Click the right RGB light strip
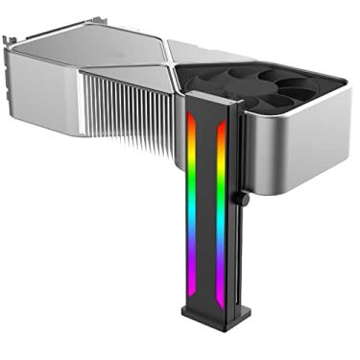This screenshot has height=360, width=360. pos(222,206)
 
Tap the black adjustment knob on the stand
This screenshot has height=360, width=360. pos(245,201)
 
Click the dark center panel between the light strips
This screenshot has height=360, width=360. pos(205,206)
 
